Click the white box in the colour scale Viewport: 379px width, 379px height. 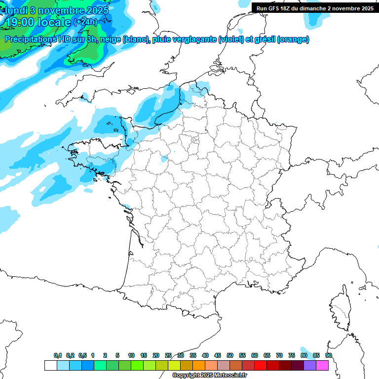(50, 365)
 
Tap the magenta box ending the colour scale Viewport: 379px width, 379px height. (322, 365)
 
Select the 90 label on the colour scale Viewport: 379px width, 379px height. (329, 355)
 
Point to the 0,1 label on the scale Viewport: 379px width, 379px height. (58, 355)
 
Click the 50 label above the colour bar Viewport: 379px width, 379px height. (230, 355)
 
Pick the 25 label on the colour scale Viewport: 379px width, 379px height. (168, 355)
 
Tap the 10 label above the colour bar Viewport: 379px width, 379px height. (131, 355)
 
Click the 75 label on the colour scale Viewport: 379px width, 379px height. (292, 355)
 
